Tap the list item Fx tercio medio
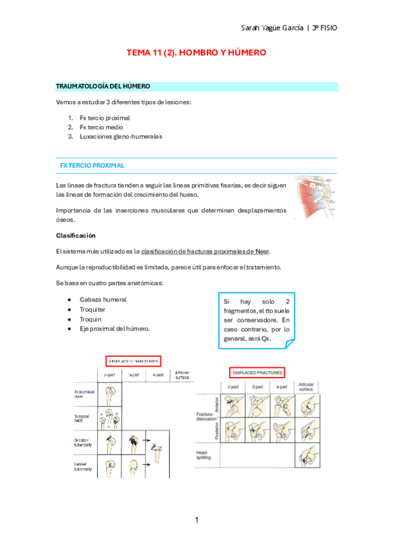pyautogui.click(x=101, y=127)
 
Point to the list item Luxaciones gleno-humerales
pyautogui.click(x=121, y=136)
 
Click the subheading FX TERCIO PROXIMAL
pyautogui.click(x=92, y=166)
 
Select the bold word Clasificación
pyautogui.click(x=76, y=235)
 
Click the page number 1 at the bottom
pyautogui.click(x=196, y=520)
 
